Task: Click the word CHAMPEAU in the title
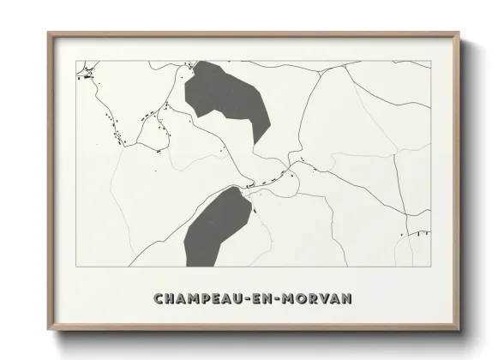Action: [x=200, y=299]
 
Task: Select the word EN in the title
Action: [x=268, y=299]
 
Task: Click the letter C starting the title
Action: [x=159, y=299]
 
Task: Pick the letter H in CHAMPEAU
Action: [x=171, y=299]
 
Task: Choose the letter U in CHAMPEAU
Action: [x=243, y=299]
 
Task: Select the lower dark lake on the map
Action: [x=216, y=225]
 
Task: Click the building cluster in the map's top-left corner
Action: [x=84, y=76]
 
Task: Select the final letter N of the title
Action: [x=349, y=299]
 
